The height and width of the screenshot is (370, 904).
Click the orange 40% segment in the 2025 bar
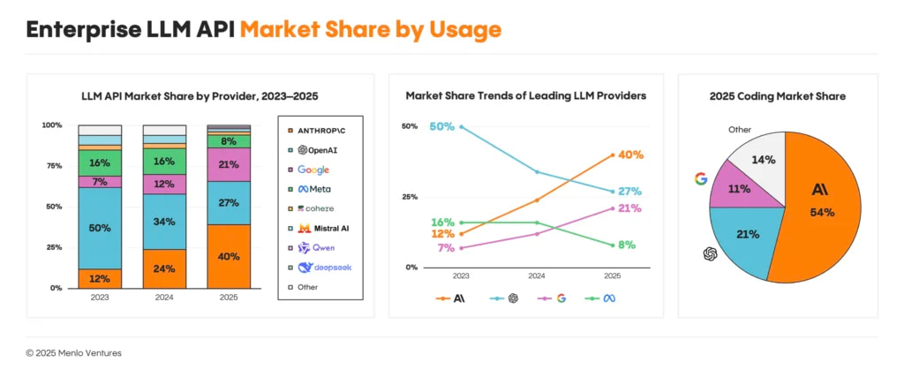pyautogui.click(x=228, y=257)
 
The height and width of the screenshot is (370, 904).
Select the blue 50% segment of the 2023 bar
pyautogui.click(x=99, y=228)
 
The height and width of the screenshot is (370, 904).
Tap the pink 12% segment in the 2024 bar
pyautogui.click(x=163, y=184)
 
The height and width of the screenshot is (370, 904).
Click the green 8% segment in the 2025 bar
pyautogui.click(x=228, y=141)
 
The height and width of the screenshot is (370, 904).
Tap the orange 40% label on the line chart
pyautogui.click(x=630, y=155)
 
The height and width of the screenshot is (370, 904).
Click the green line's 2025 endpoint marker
pyautogui.click(x=613, y=245)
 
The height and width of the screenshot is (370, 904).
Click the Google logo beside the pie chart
pyautogui.click(x=701, y=179)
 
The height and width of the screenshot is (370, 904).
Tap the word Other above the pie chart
pyautogui.click(x=740, y=130)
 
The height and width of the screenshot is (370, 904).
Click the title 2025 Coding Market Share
pyautogui.click(x=777, y=95)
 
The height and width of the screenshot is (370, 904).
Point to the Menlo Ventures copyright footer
pyautogui.click(x=74, y=352)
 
